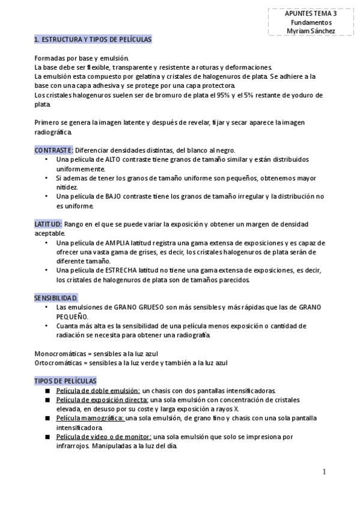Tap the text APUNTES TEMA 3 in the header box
point(311,13)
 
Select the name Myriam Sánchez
point(311,31)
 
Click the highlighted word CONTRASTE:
point(54,150)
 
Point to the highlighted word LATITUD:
point(48,224)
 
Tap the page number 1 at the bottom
point(325,472)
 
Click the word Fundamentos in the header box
point(311,22)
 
